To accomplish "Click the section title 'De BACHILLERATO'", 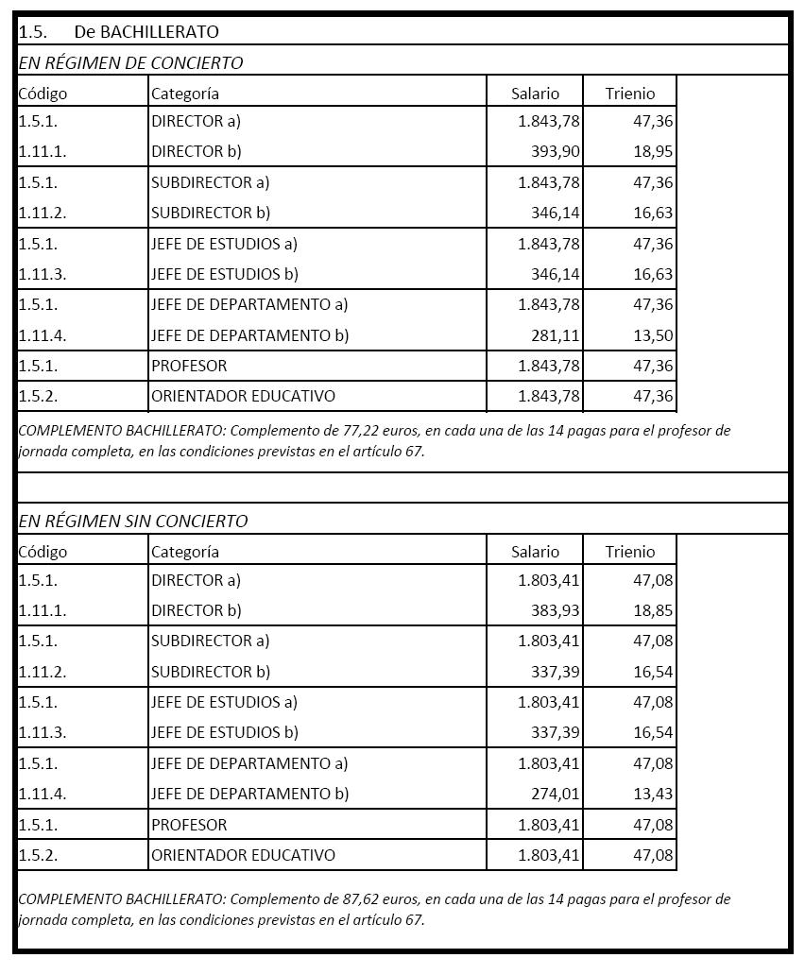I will [146, 31].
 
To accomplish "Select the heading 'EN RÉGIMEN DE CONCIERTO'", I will [130, 63].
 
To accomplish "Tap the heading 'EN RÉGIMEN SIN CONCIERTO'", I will [133, 521].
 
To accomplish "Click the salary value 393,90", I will [556, 151].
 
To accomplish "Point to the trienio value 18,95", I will [653, 151].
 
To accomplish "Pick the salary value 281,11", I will [556, 335].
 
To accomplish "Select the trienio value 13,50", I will [653, 335].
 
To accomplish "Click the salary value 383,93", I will [556, 610].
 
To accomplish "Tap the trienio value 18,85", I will [653, 610].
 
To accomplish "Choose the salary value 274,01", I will [556, 794].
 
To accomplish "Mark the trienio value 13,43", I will [653, 794].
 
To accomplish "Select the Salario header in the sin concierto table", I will [535, 552].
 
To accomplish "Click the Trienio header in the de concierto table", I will [630, 94].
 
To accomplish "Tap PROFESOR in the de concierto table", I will [189, 366].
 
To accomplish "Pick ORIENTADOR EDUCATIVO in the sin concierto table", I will [243, 855].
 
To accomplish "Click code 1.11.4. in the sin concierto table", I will [43, 794].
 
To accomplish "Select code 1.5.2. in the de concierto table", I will [38, 396].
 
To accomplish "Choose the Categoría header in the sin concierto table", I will [185, 552].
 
